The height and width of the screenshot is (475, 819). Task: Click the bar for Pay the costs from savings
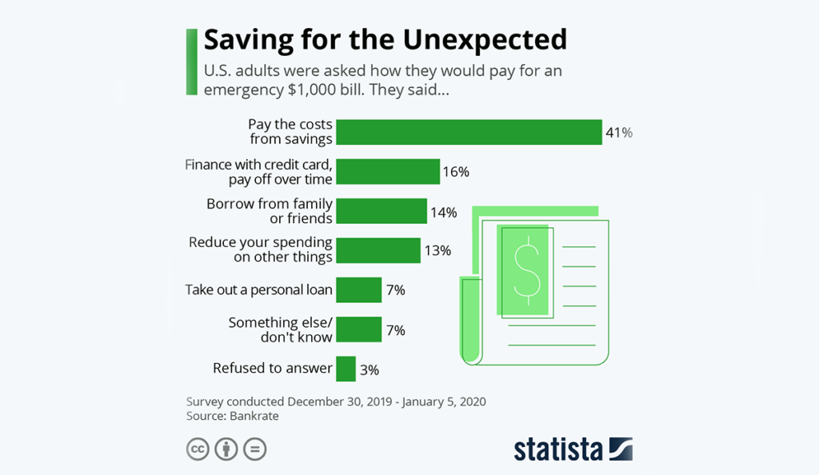click(468, 132)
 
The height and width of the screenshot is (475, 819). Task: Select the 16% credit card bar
click(388, 172)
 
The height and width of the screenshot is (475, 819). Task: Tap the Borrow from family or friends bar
click(381, 212)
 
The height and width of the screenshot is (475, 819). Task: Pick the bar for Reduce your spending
click(378, 250)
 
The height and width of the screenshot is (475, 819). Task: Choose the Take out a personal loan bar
click(358, 289)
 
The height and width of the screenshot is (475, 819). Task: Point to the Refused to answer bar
click(346, 369)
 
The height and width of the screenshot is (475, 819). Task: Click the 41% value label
click(619, 133)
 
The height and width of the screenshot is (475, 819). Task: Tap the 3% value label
click(369, 369)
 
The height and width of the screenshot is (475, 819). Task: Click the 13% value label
click(437, 251)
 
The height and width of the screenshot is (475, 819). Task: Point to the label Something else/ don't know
click(280, 329)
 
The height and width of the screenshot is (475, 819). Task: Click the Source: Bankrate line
click(233, 416)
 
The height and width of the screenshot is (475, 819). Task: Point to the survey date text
click(336, 401)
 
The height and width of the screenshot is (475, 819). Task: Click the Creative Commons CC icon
click(198, 449)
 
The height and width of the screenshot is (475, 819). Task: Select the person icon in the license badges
click(226, 449)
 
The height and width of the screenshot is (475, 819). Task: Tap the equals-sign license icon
click(254, 449)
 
